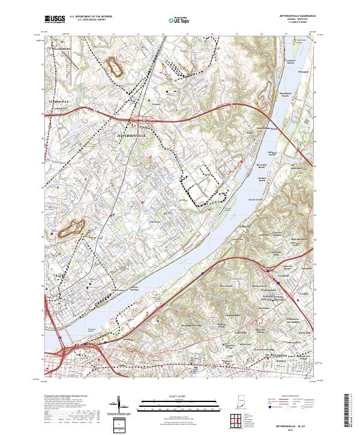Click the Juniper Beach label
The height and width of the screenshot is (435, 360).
tap(265, 178)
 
